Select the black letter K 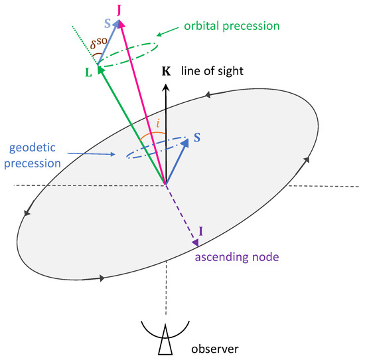(x=167, y=70)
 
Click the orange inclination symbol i (x=157, y=124)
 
